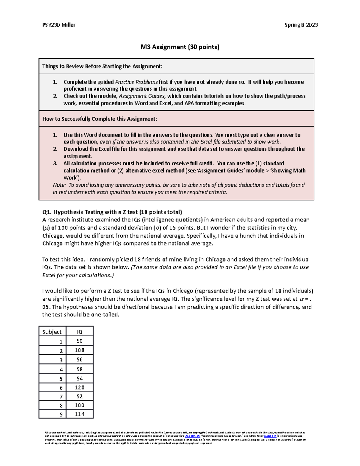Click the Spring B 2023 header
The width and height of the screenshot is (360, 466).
point(301,25)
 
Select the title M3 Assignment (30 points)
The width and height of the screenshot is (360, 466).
point(180,47)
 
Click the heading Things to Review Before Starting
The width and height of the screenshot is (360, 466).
point(102,66)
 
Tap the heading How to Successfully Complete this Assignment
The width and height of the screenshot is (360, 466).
point(100,119)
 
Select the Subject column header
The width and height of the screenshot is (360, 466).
point(52,332)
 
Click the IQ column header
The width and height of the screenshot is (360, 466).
point(79,332)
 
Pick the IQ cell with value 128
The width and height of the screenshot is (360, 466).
point(79,387)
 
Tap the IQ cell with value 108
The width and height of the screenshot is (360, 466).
point(79,350)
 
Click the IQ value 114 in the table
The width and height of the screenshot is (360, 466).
point(79,414)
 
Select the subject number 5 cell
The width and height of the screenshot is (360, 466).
point(61,378)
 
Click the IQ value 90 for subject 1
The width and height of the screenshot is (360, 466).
point(79,341)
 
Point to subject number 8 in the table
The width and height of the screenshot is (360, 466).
point(61,405)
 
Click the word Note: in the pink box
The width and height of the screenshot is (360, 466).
point(59,185)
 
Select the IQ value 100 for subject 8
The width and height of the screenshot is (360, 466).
point(79,405)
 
